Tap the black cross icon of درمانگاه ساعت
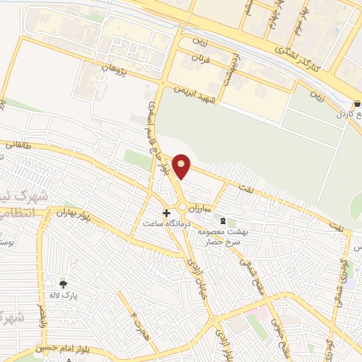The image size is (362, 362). pyautogui.click(x=167, y=212)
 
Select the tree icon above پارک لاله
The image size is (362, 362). pyautogui.click(x=63, y=284)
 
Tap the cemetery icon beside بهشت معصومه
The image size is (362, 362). pyautogui.click(x=224, y=221)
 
